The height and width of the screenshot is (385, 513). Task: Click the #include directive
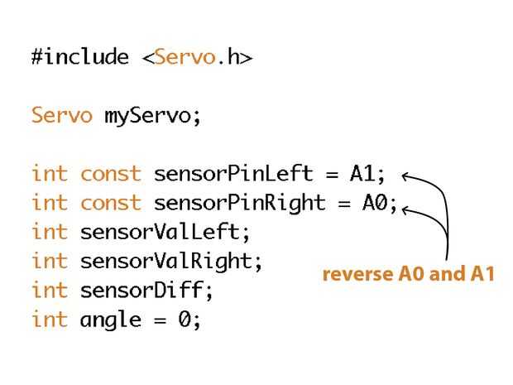80,57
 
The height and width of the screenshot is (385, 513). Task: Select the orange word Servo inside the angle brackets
185,57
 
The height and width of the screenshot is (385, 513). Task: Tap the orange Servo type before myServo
61,115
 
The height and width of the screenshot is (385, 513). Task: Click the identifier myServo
151,116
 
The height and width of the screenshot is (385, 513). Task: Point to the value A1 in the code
362,174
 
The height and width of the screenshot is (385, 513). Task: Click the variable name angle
110,320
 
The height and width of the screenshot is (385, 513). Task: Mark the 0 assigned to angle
185,320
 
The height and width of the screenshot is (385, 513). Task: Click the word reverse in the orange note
354,274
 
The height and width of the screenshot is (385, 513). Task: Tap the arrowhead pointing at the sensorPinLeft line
406,175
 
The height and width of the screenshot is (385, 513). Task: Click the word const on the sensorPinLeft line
110,174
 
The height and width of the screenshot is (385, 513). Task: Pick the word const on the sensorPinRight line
110,203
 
